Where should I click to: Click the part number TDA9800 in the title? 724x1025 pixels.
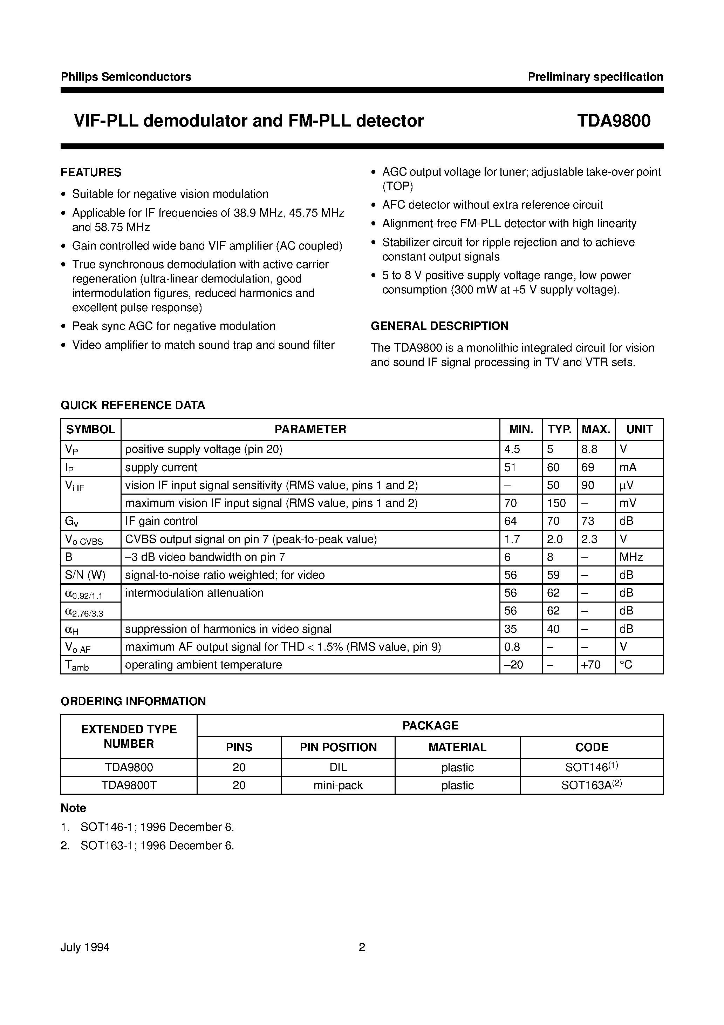tap(613, 121)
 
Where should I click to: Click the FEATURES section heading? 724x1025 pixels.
tap(91, 172)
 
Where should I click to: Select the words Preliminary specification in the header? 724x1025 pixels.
tap(595, 77)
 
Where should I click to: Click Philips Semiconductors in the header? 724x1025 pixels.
tap(126, 77)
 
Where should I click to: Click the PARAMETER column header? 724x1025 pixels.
tap(310, 429)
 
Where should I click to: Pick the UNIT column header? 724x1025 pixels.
tap(639, 429)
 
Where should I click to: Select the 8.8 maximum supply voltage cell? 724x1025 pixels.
tap(589, 449)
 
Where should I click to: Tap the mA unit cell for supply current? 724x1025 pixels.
tap(628, 467)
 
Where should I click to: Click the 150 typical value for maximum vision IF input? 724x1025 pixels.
tap(556, 503)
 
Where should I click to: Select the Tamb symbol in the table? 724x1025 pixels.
tap(77, 666)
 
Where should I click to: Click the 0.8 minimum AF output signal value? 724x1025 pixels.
tap(512, 647)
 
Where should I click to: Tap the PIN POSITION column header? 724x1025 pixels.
tap(338, 747)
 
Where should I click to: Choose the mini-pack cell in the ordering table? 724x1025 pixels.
tap(338, 785)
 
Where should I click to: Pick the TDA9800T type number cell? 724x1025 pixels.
tap(129, 785)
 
